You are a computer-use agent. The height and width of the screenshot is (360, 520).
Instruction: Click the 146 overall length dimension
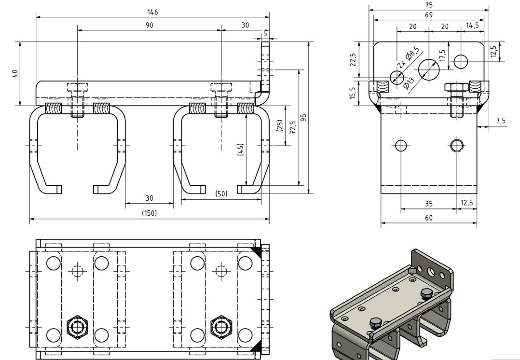pyautogui.click(x=153, y=12)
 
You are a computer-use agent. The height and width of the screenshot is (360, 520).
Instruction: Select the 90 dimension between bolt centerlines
pyautogui.click(x=149, y=25)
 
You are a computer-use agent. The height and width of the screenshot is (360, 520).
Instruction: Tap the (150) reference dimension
pyautogui.click(x=149, y=213)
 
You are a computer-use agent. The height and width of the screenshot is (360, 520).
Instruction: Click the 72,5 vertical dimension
pyautogui.click(x=293, y=127)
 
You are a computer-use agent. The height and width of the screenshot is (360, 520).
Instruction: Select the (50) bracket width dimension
pyautogui.click(x=221, y=194)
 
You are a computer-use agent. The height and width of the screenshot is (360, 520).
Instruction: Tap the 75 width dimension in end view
pyautogui.click(x=429, y=5)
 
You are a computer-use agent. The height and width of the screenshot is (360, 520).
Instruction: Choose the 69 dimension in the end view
pyautogui.click(x=429, y=15)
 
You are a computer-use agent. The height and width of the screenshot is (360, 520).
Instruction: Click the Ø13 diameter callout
pyautogui.click(x=408, y=83)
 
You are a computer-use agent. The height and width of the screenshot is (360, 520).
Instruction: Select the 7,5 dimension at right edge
pyautogui.click(x=501, y=121)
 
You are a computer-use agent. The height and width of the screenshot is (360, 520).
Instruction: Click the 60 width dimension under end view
pyautogui.click(x=429, y=218)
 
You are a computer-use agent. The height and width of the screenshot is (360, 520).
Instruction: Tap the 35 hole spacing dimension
pyautogui.click(x=429, y=203)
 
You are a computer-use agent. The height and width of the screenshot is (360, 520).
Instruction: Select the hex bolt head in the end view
pyautogui.click(x=457, y=88)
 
